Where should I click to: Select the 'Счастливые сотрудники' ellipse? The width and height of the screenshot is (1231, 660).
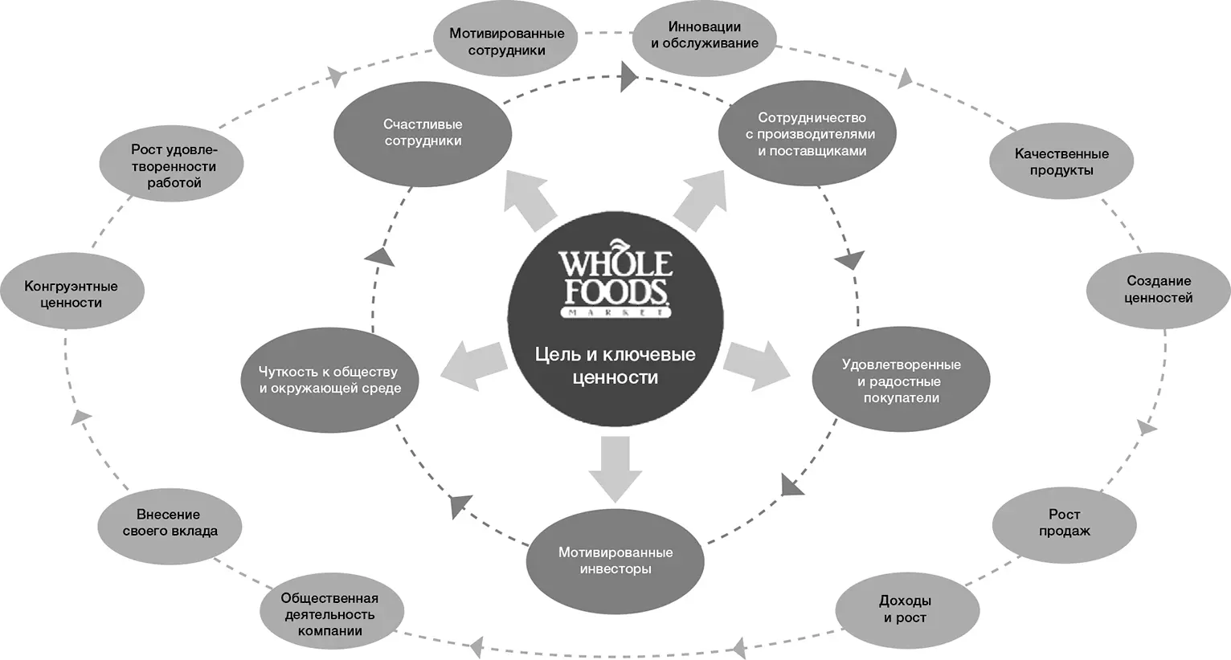(x=423, y=133)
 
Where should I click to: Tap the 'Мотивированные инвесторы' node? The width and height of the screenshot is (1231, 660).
(x=615, y=560)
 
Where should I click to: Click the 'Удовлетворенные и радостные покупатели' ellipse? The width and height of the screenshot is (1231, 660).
(x=901, y=381)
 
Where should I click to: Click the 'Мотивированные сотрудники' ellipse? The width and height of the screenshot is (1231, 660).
(x=506, y=43)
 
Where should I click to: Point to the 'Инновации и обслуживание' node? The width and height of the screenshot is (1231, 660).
(x=705, y=35)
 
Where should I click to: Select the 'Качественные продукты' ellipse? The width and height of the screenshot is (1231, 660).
(x=1061, y=161)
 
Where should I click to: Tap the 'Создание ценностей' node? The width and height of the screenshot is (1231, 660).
(x=1158, y=289)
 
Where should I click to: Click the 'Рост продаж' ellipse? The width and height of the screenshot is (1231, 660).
(x=1064, y=523)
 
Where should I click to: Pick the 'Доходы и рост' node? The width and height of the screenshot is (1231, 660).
(x=906, y=609)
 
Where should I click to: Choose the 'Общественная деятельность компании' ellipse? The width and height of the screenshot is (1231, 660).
(x=330, y=614)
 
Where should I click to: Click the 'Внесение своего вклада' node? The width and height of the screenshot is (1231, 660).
(x=169, y=523)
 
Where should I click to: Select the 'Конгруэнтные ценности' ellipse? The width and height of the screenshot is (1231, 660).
(x=71, y=294)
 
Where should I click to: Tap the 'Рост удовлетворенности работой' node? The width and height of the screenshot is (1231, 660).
(x=174, y=166)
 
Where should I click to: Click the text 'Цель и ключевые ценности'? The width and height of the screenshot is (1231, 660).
(x=615, y=365)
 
